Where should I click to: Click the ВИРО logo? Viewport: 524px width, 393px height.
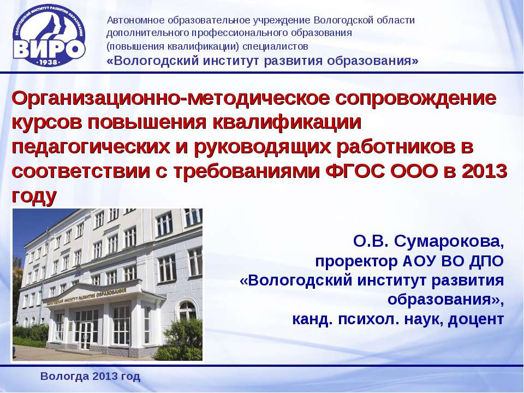tap(49, 35)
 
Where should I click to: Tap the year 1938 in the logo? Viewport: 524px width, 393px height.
tap(49, 62)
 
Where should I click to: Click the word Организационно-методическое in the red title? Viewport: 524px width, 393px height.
tap(170, 99)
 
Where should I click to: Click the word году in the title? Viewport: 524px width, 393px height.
tap(34, 196)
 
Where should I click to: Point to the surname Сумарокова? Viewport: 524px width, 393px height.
tap(449, 241)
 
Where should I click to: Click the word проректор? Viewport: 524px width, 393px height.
tap(356, 261)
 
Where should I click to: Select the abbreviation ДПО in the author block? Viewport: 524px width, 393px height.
tap(486, 261)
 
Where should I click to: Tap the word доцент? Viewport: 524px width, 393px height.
tap(476, 319)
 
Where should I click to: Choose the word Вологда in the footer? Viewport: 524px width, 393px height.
tap(64, 377)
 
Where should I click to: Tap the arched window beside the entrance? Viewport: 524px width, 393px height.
tap(187, 310)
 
